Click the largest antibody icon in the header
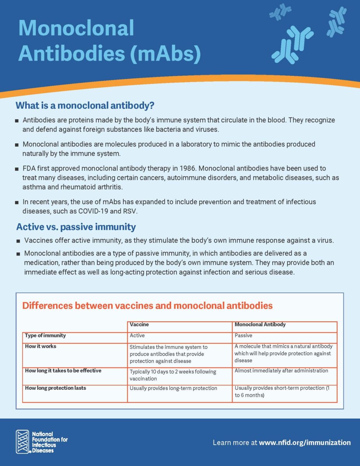[292, 44]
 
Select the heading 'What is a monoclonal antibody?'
[85, 105]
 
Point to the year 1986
[181, 168]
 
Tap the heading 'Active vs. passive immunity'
[76, 227]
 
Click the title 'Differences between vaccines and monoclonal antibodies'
[147, 306]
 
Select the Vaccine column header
[139, 324]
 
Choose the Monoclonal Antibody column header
[260, 324]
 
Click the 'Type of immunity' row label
[45, 335]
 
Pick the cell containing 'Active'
[137, 335]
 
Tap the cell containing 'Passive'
[243, 335]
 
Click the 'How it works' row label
[40, 346]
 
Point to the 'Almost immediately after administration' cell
[281, 370]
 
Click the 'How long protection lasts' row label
[56, 388]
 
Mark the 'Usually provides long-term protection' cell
[173, 388]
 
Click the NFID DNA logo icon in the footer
[23, 442]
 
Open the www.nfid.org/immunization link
[304, 442]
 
